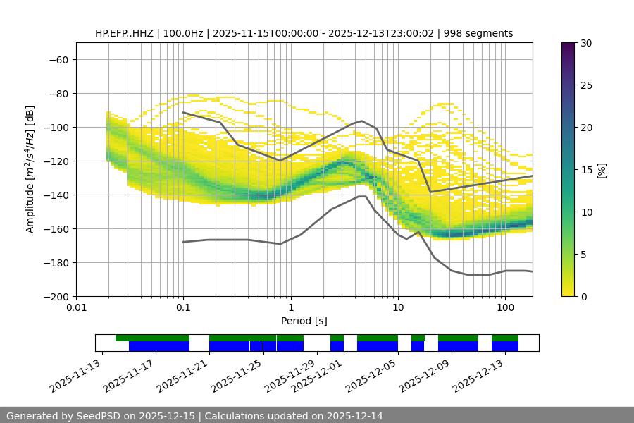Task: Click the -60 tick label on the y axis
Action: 58,60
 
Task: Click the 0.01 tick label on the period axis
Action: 76,308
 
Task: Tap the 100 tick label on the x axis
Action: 505,308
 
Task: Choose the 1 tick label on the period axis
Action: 290,308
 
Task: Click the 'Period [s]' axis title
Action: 304,321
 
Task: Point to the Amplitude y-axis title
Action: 30,169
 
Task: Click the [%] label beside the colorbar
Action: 602,170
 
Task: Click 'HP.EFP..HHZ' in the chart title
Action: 123,33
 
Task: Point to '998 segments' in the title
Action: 483,33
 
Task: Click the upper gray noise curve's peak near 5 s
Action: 361,121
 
